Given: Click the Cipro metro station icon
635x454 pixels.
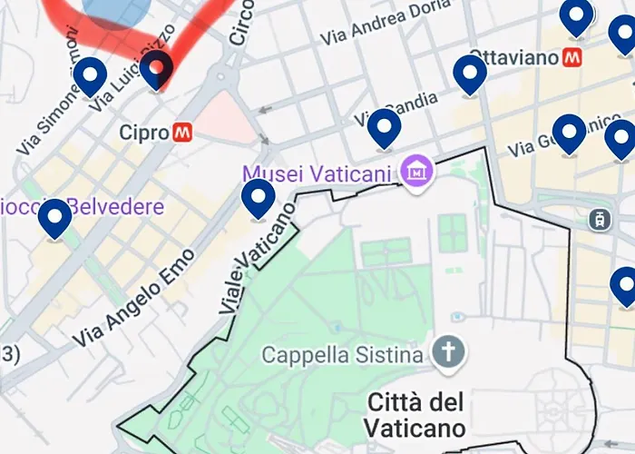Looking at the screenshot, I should (182, 133).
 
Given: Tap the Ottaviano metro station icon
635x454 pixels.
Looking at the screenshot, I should (572, 58).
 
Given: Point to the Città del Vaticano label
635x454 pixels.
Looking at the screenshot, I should (416, 414).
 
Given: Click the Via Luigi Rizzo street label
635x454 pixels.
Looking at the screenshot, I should (132, 76).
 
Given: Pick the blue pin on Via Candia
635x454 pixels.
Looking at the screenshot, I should (385, 127).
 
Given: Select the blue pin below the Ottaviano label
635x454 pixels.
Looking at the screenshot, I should (470, 74).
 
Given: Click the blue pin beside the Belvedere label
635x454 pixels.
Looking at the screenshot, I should (55, 218).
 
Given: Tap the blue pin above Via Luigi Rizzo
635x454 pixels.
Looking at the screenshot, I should (90, 75).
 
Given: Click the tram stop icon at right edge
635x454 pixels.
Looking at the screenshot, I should (599, 219).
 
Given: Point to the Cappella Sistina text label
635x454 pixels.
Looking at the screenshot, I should (342, 353).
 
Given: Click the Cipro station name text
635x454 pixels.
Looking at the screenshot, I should (144, 133).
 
